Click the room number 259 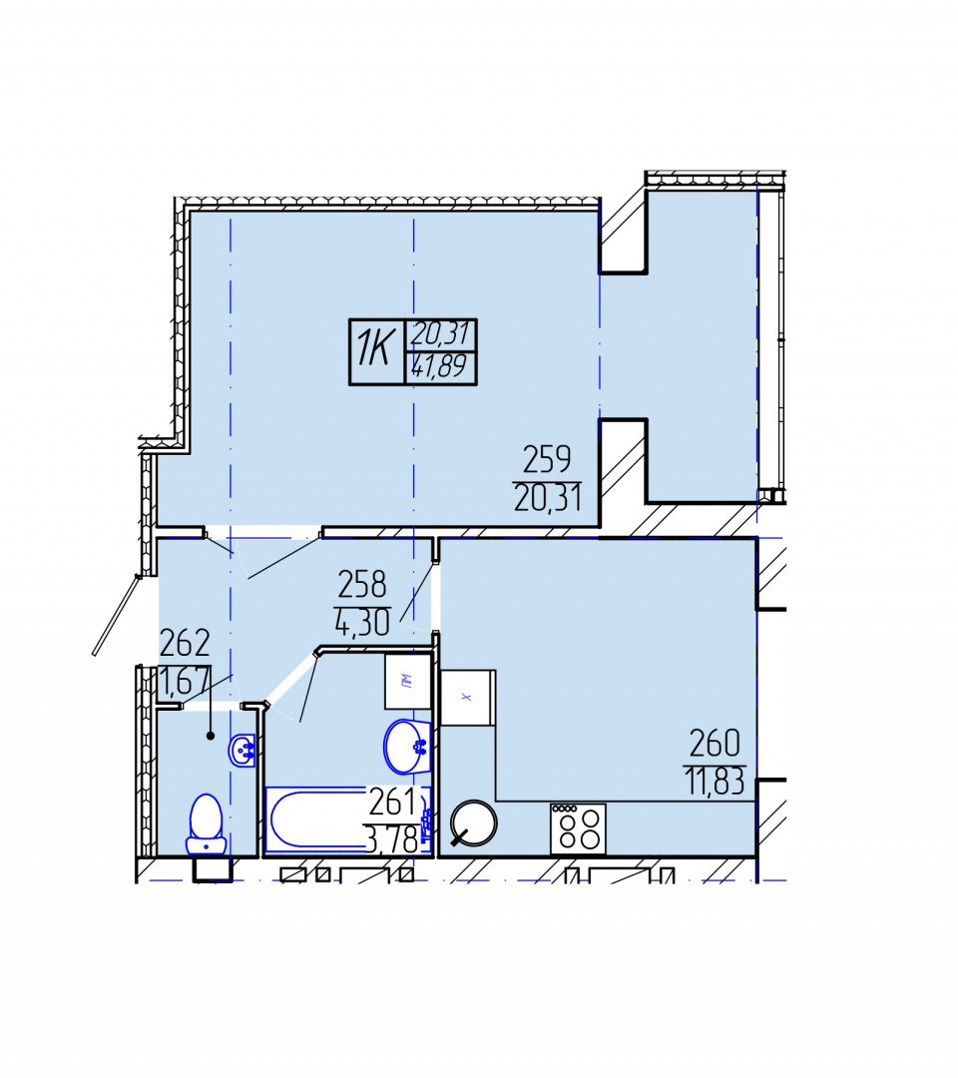[547, 460]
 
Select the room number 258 [362, 585]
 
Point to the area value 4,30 [362, 622]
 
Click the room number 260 [715, 744]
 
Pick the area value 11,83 [715, 782]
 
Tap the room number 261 [393, 802]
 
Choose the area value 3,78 [392, 839]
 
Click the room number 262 [185, 644]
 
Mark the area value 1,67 [184, 682]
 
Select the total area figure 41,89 [440, 366]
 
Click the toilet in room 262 [207, 825]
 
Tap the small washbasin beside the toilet [242, 750]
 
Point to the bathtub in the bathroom [347, 819]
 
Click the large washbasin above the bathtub [407, 746]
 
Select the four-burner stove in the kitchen [578, 828]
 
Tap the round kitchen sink [473, 821]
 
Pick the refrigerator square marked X [468, 697]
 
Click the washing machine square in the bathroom [407, 682]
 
